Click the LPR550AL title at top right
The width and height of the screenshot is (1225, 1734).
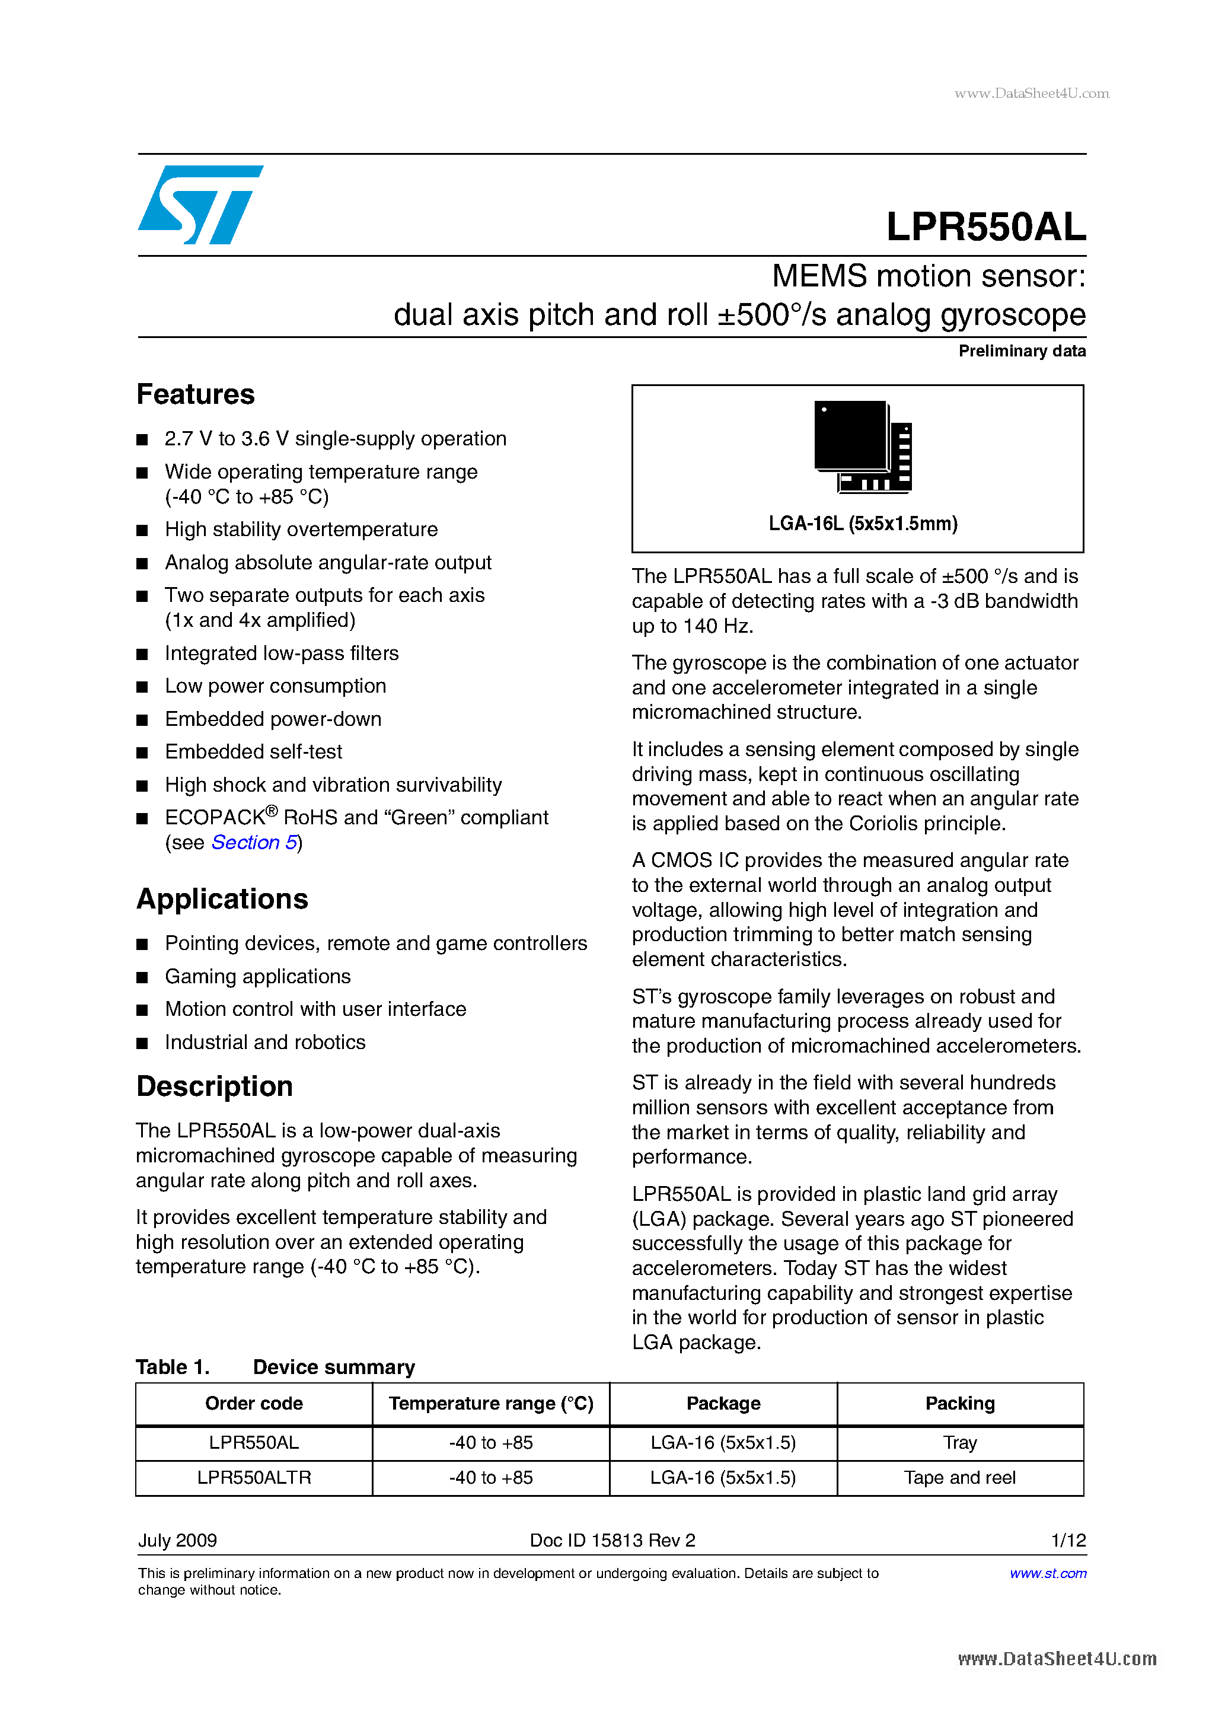coord(985,227)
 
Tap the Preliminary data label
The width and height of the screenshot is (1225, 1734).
coord(1021,351)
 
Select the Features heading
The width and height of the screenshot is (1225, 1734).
coord(196,394)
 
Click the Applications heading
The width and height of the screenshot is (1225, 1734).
coord(222,898)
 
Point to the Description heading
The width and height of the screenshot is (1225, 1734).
coord(215,1086)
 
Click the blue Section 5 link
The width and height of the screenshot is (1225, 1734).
coord(254,842)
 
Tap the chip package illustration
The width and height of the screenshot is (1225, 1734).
coord(863,447)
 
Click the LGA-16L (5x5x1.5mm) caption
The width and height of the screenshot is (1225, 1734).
coord(863,524)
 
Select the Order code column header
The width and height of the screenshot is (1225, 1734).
coord(254,1403)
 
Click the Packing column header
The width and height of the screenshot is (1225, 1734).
coord(959,1403)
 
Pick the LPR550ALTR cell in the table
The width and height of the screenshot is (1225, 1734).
coord(254,1477)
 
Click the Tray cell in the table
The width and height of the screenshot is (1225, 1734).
coord(959,1442)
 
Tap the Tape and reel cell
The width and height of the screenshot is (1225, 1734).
coord(959,1477)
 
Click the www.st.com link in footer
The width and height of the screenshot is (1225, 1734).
coord(1048,1573)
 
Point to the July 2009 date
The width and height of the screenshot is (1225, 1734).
coord(177,1540)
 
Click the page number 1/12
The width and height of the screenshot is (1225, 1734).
coord(1068,1540)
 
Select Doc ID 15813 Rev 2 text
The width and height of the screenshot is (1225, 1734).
coord(612,1540)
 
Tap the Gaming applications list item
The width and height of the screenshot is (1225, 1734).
coord(257,977)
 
